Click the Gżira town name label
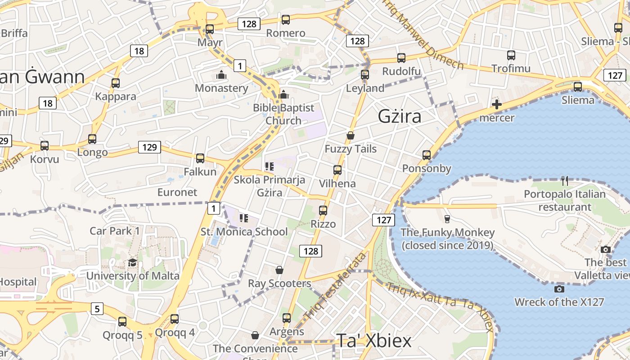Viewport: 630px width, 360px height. click(400, 117)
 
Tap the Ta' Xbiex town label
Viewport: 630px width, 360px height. click(374, 341)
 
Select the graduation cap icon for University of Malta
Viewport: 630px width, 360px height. click(132, 262)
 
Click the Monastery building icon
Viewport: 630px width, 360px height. click(221, 75)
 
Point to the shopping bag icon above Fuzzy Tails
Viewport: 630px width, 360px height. click(351, 135)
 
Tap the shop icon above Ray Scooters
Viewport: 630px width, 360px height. click(279, 270)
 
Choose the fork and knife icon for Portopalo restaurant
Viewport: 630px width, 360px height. click(565, 181)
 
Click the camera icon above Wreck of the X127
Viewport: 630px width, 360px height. click(559, 289)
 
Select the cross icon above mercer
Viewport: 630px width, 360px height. click(497, 105)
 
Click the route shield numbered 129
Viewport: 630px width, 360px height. click(149, 147)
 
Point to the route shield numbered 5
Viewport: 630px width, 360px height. click(97, 309)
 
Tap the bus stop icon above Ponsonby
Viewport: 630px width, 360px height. click(427, 155)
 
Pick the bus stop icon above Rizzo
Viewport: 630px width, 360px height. click(323, 210)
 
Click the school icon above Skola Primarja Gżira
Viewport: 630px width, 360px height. click(270, 167)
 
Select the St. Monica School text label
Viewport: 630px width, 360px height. click(244, 232)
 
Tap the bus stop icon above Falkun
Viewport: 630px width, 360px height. click(200, 158)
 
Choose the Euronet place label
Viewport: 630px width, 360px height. click(177, 192)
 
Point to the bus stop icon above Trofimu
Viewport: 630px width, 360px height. click(511, 55)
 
